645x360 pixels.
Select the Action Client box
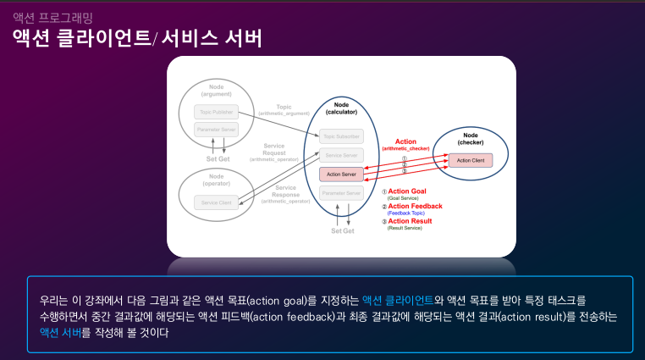pyautogui.click(x=470, y=160)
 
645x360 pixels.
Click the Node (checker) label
pyautogui.click(x=471, y=138)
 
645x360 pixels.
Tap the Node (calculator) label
pyautogui.click(x=341, y=108)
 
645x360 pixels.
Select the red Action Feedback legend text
pyautogui.click(x=415, y=206)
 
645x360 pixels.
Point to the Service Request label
pyautogui.click(x=273, y=152)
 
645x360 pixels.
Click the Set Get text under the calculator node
pyautogui.click(x=342, y=230)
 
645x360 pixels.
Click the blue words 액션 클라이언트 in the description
pyautogui.click(x=397, y=300)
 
